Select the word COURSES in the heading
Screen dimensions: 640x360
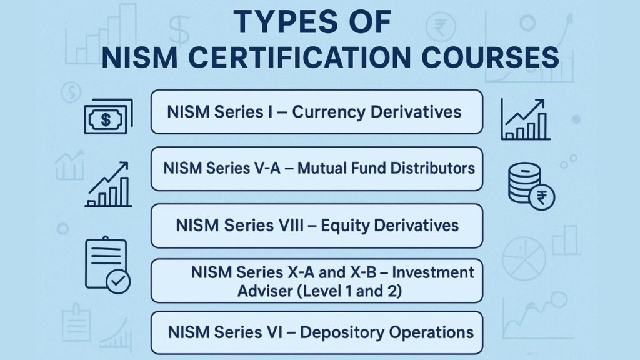[490, 57]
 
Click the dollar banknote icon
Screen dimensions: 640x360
[108, 117]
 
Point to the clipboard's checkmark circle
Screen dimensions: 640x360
[118, 281]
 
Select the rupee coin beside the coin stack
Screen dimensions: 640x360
[542, 198]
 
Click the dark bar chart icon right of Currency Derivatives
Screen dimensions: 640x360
[525, 119]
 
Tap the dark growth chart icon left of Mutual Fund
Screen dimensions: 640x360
[109, 184]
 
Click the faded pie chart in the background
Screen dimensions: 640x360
[524, 259]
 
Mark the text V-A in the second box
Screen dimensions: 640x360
[264, 168]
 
